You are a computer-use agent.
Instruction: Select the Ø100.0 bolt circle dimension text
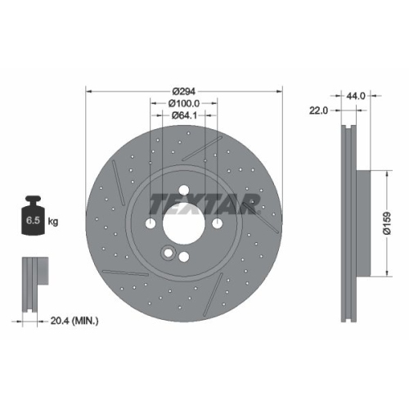184,104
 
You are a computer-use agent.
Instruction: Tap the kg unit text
54,222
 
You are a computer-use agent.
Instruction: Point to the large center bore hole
184,222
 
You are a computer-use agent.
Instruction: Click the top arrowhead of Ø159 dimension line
385,173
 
